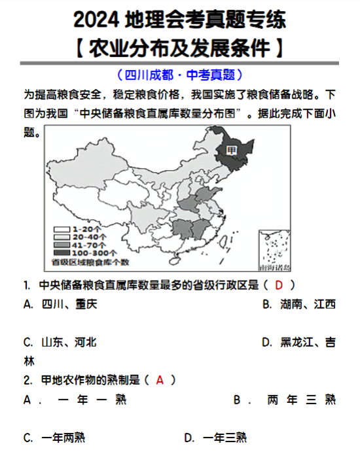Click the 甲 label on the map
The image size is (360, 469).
(x=230, y=150)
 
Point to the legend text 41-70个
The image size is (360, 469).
(x=88, y=245)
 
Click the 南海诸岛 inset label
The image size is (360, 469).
(x=274, y=268)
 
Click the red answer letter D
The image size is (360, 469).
(x=278, y=285)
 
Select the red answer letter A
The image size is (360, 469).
(x=160, y=379)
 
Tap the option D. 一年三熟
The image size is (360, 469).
(x=215, y=438)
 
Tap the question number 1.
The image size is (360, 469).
(x=26, y=285)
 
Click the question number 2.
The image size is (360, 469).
(x=27, y=379)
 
